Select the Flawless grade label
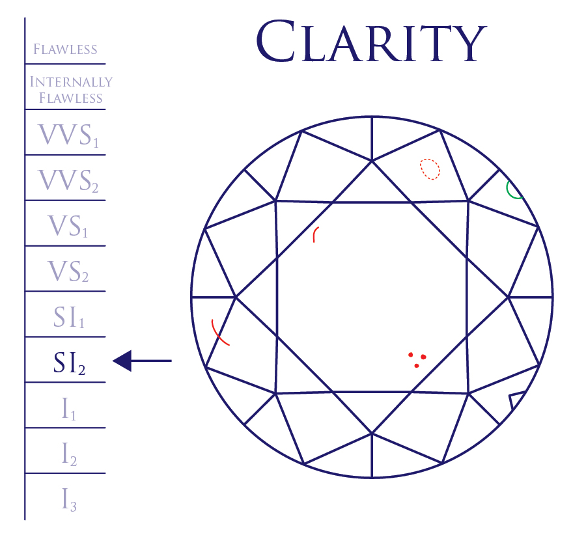(65, 49)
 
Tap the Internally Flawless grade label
(71, 90)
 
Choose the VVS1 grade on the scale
(68, 135)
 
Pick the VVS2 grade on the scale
(68, 180)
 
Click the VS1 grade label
(68, 225)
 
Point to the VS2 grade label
(68, 271)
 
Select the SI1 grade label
(68, 317)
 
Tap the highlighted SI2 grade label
(68, 363)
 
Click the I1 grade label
(68, 409)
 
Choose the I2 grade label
(68, 454)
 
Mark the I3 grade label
(68, 499)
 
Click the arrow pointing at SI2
(142, 360)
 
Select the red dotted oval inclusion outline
(430, 169)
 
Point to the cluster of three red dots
(417, 359)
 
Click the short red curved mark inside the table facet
(315, 235)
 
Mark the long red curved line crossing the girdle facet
(219, 333)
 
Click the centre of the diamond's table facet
(372, 297)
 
